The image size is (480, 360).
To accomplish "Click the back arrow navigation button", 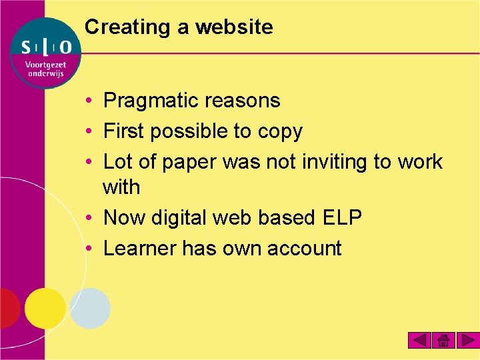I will click(419, 341).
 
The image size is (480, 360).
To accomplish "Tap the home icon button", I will click(443, 341).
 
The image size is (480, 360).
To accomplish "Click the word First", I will click(124, 131).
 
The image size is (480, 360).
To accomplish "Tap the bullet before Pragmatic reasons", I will click(89, 101).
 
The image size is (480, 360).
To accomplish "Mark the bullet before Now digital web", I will click(89, 217).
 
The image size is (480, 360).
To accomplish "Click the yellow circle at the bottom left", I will click(45, 308).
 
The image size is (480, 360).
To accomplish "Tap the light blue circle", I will click(90, 308).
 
